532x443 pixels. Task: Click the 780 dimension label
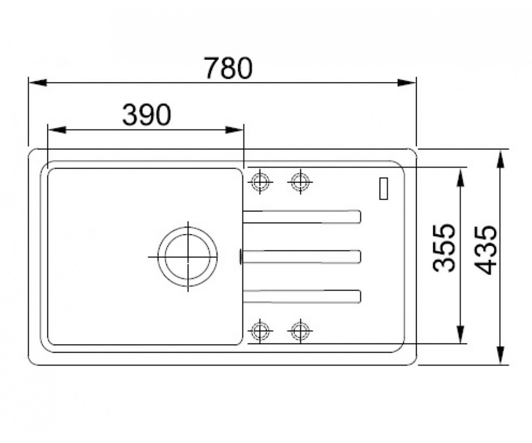(x=228, y=68)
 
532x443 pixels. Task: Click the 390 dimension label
(x=146, y=115)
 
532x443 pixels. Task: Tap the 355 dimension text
(x=444, y=249)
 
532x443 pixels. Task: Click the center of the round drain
(x=188, y=256)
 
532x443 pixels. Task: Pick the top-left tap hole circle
(x=260, y=182)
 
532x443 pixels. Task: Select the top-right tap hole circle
(x=301, y=182)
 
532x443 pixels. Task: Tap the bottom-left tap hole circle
(x=260, y=331)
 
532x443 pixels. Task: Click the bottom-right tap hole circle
(x=301, y=331)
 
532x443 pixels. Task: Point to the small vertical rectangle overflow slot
(x=383, y=188)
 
